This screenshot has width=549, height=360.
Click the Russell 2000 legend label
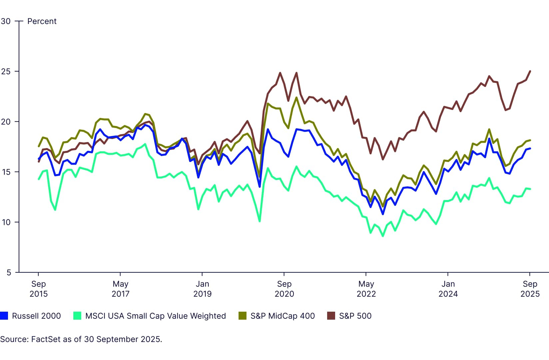coord(36,316)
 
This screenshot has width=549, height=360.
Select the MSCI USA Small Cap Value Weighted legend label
coord(155,316)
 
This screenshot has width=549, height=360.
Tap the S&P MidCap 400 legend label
coord(282,316)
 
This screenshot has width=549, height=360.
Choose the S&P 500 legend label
coord(355,316)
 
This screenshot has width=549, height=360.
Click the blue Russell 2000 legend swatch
coord(4,316)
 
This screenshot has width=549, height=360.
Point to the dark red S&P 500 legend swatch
coord(331,316)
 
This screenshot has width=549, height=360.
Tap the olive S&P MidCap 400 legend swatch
coord(242,316)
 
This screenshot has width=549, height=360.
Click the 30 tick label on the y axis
coord(6,21)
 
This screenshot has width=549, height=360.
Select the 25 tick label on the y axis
coord(6,72)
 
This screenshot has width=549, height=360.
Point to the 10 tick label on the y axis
coord(6,222)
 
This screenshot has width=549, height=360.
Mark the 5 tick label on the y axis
coord(8,273)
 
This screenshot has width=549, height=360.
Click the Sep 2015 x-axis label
coord(38,289)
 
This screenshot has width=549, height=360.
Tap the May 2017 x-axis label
coord(120,289)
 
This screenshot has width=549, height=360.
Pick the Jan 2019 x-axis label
coord(202,289)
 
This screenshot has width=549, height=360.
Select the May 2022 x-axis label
coord(366,289)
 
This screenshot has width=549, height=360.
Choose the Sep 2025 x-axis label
coord(530,289)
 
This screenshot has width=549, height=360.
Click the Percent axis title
coord(42,21)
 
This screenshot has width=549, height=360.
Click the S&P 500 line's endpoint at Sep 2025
coord(530,71)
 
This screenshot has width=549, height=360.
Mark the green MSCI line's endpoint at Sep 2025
coord(530,189)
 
